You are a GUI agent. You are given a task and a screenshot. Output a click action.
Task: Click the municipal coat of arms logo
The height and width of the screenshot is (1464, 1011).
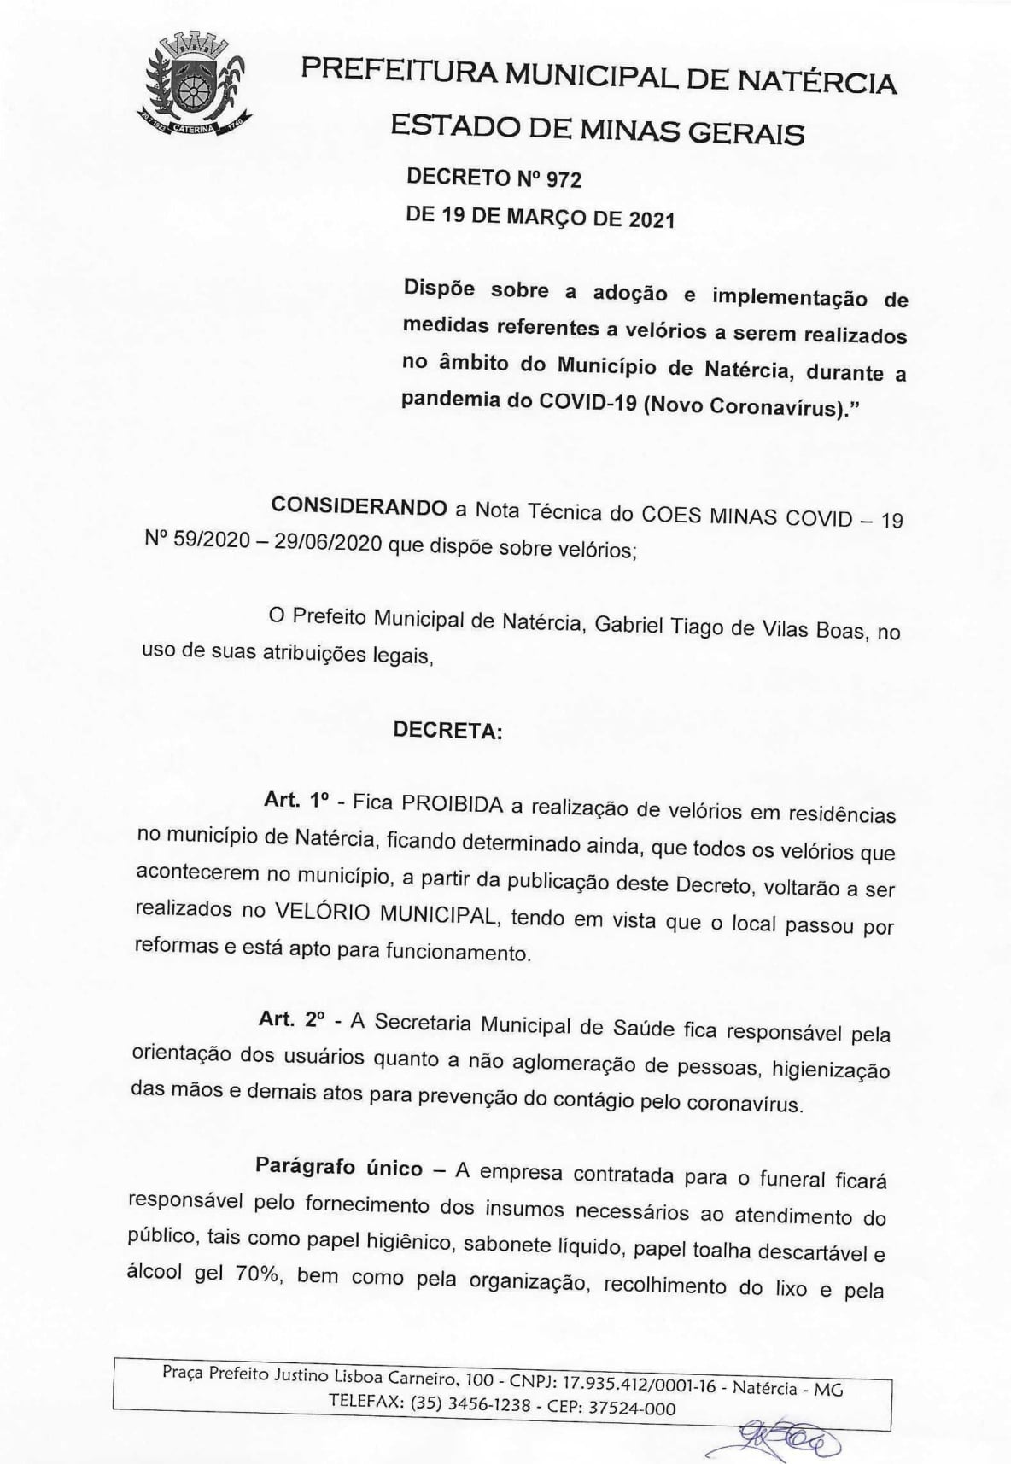click(192, 85)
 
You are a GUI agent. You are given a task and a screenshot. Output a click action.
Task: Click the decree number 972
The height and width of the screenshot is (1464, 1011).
click(564, 180)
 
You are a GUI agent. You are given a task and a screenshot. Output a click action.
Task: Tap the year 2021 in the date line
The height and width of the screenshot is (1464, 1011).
click(652, 220)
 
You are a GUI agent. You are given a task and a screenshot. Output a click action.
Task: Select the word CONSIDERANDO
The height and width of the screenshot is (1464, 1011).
click(359, 506)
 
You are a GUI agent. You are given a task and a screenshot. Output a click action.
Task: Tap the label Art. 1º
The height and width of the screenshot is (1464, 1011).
click(296, 801)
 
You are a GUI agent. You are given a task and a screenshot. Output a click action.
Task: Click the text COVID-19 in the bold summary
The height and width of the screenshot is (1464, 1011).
click(588, 403)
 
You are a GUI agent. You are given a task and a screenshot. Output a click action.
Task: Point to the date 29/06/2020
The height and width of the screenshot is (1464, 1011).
click(328, 544)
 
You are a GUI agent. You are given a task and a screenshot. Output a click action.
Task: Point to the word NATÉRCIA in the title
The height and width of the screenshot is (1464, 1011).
click(816, 83)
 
